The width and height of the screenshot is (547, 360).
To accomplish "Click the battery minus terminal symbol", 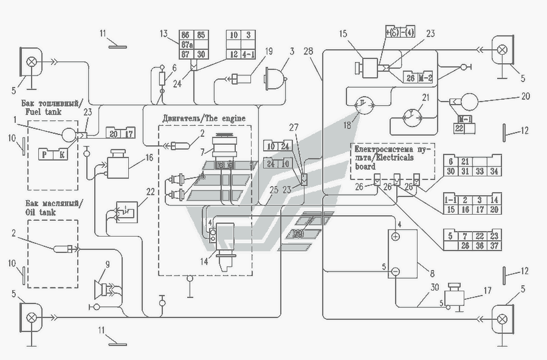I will (x=395, y=271).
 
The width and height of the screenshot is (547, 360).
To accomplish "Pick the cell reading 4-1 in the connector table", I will (x=249, y=55).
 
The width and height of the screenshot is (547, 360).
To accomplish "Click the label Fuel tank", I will (x=40, y=112).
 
